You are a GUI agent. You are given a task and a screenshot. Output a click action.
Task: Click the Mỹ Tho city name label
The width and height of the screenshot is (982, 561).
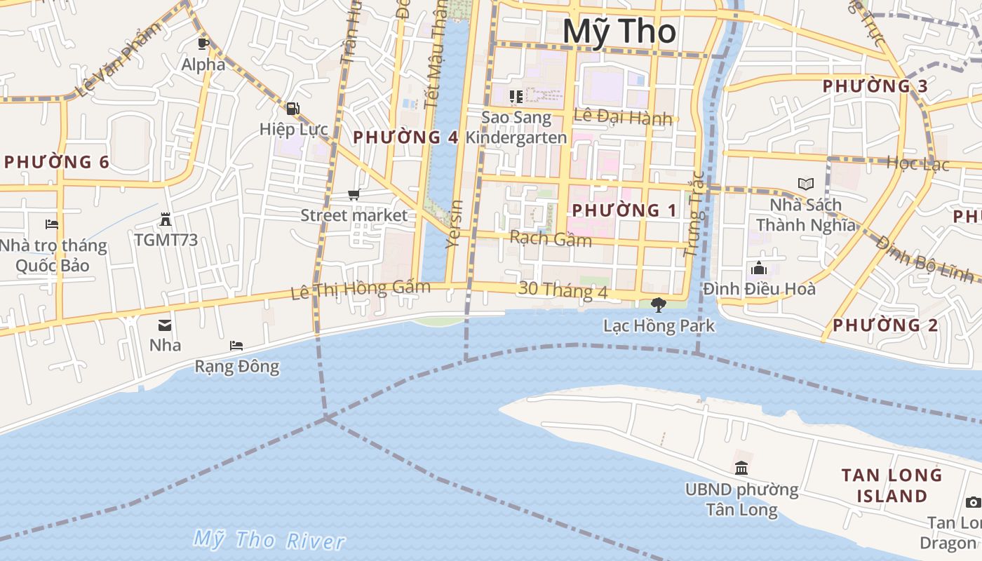tap(619, 32)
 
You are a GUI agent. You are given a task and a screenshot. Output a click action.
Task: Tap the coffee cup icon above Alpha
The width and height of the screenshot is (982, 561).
tap(203, 43)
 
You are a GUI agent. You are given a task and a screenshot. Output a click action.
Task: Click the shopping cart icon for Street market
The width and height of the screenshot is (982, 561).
tap(354, 194)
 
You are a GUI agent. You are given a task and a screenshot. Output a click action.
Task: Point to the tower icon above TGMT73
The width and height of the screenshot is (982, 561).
tap(166, 219)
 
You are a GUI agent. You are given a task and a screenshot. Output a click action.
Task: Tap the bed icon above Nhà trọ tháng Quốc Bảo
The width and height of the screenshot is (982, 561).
tap(52, 224)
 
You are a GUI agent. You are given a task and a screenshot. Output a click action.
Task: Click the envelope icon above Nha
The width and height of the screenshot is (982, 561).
tap(165, 325)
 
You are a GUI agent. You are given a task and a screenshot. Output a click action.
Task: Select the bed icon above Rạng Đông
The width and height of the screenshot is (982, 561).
tap(236, 346)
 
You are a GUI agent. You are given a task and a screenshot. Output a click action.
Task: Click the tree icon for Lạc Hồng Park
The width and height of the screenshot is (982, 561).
tap(658, 304)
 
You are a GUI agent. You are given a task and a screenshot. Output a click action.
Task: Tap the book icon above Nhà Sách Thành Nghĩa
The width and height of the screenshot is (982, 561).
tap(806, 184)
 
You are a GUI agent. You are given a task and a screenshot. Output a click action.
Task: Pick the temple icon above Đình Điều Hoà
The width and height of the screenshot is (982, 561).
tap(758, 268)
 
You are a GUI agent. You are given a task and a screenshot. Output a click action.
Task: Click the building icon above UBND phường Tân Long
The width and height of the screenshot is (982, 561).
tap(741, 468)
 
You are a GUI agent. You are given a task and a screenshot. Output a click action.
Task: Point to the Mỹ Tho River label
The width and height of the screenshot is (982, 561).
tap(269, 540)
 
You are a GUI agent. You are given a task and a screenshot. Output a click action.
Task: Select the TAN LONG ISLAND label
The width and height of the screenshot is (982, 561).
tap(892, 485)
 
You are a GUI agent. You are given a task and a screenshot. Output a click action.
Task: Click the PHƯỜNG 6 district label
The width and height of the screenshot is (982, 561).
tap(56, 162)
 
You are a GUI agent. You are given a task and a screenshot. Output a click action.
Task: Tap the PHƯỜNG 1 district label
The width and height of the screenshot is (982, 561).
tap(625, 210)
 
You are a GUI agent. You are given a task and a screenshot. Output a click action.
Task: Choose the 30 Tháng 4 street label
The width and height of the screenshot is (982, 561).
tap(563, 290)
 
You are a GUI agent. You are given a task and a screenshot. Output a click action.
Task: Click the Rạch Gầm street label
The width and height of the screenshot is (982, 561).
tap(551, 238)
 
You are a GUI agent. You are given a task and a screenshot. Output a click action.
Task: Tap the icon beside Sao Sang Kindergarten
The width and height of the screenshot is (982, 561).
tap(516, 96)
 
